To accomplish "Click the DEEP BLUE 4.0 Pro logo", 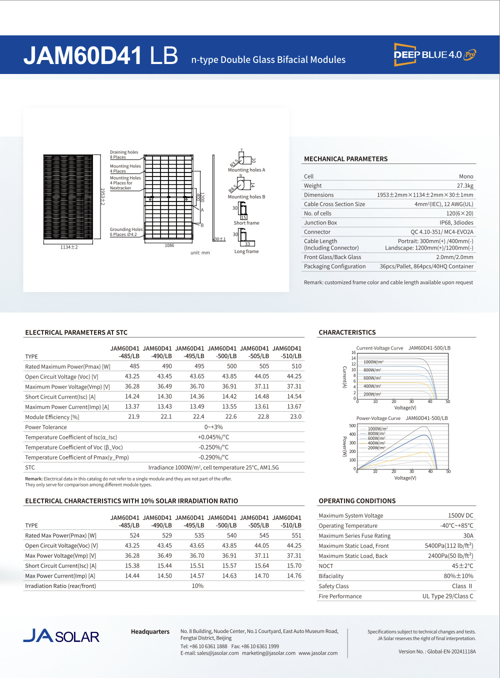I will point(434,54).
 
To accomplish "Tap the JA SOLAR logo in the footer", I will point(61,635).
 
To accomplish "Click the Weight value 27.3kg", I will point(464,185).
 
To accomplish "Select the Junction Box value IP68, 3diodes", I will point(456,222).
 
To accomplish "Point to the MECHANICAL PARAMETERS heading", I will point(345,159).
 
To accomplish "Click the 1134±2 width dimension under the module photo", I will point(69,247).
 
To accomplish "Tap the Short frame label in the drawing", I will point(246,223).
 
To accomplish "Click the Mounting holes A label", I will point(246,170).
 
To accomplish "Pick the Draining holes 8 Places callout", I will point(123,154).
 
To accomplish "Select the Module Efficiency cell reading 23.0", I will point(295,416).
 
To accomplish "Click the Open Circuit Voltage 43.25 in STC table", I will point(132,376).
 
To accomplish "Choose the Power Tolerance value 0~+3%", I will point(213,427).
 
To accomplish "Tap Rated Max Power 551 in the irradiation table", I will point(296,535).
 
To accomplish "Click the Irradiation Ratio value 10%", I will point(197,586).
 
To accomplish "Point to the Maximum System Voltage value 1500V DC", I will point(460,515).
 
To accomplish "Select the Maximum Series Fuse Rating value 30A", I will point(468,535).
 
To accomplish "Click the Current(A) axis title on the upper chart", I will point(344,377).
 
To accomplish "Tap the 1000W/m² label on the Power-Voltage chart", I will point(377,428).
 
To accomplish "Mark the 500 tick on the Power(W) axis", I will point(352,426).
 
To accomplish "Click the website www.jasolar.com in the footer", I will point(318,653).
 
